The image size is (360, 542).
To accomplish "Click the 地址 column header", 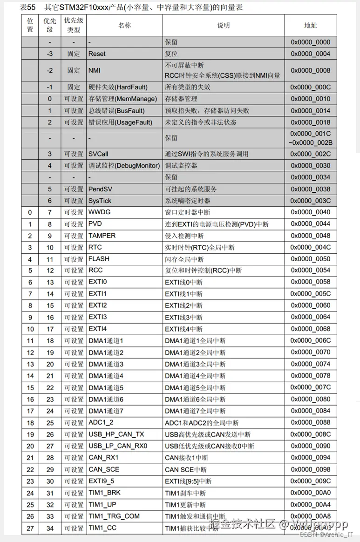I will point(310,26).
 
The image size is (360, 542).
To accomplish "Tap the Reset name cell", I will point(97,54).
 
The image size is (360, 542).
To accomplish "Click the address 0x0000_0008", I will point(310,70).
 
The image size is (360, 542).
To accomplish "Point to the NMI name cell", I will point(95,70).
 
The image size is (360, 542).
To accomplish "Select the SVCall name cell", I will point(98,154).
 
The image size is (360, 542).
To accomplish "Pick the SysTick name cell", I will point(100,201).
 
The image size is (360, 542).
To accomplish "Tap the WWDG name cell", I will point(99,212).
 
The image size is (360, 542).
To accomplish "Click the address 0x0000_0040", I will point(310,212).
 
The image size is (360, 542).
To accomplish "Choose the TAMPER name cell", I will point(102,236).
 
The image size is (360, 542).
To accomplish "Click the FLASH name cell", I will point(99,259).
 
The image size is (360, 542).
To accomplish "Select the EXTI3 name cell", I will point(98,317).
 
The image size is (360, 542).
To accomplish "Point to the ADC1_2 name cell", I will point(101,423).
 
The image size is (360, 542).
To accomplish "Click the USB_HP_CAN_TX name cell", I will point(116,434).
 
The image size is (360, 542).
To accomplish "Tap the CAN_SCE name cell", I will point(104,469).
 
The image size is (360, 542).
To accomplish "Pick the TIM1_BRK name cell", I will point(105,493).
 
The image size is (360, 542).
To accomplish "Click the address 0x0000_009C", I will point(310,481).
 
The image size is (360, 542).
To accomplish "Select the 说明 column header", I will point(224,26).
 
